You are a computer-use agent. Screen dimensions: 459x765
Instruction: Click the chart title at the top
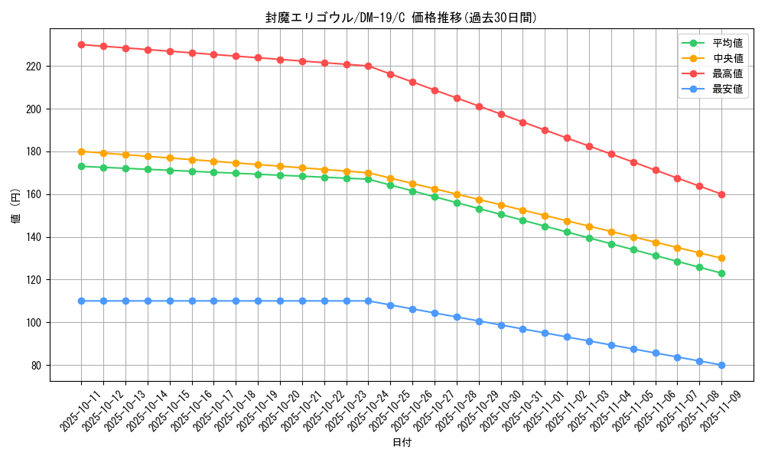tap(401, 18)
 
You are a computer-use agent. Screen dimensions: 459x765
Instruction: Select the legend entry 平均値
tap(728, 44)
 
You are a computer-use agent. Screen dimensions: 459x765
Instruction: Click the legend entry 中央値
tap(728, 59)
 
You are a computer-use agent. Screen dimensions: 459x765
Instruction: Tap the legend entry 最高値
tap(728, 74)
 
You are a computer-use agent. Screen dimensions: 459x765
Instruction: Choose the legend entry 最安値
tap(728, 90)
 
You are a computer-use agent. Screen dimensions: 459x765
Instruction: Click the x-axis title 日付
tap(402, 443)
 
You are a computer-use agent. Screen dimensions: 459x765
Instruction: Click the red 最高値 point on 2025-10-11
tap(81, 44)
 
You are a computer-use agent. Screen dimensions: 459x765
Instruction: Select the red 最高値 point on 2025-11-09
tap(721, 194)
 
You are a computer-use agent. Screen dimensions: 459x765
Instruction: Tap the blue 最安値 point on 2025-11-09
tap(721, 365)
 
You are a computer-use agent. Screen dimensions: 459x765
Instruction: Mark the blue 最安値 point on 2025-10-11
tap(81, 301)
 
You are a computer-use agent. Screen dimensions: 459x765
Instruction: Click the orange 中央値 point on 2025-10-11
tap(81, 151)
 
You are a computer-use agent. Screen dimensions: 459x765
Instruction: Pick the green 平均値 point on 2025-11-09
tap(721, 273)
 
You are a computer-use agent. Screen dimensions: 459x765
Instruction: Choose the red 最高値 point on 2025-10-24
tap(368, 66)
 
